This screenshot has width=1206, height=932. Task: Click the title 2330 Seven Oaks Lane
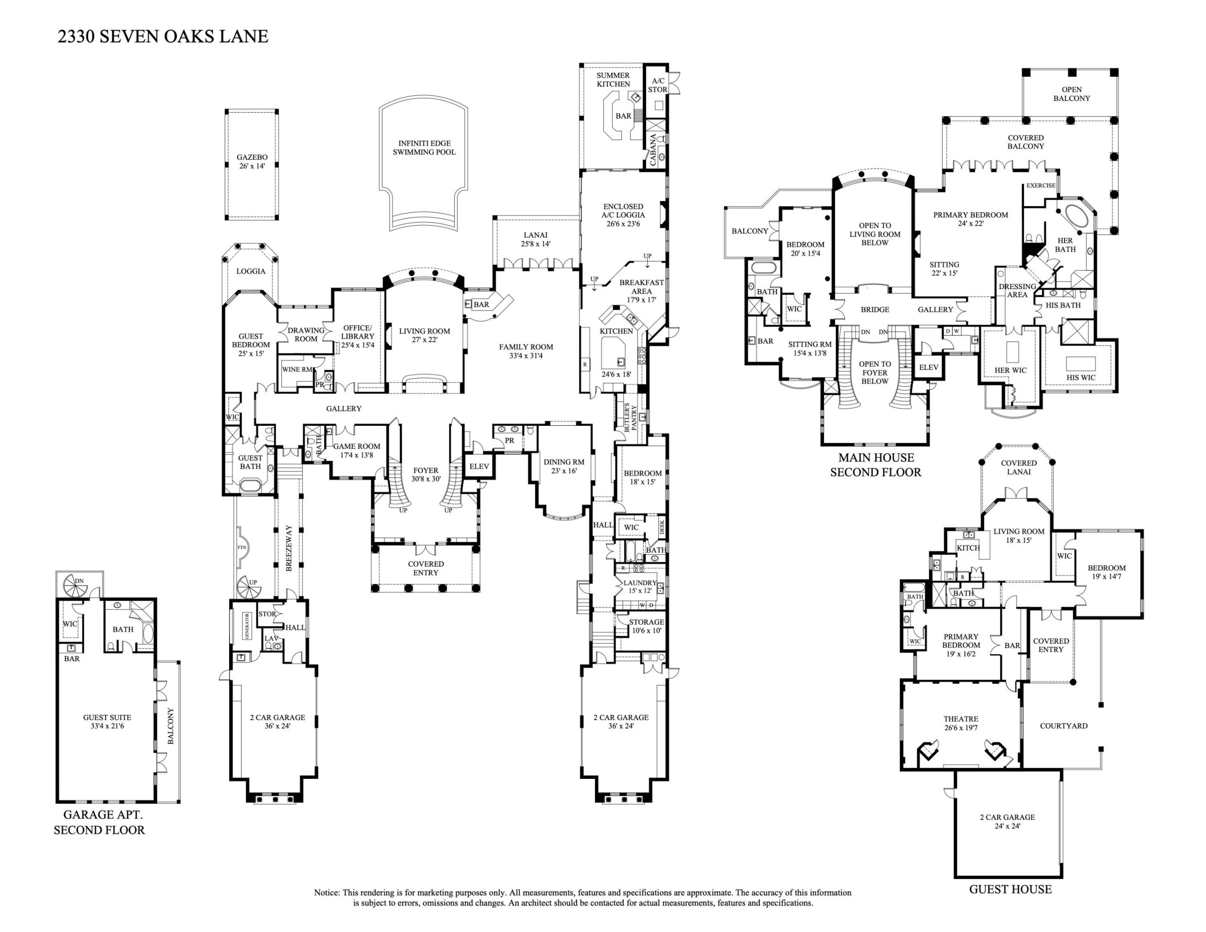tap(163, 36)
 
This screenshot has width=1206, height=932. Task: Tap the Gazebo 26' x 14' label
tap(252, 161)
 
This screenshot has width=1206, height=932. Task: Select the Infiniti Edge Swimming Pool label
tap(424, 148)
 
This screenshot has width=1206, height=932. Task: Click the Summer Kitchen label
tap(613, 79)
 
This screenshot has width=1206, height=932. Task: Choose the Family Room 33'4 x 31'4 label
tap(526, 351)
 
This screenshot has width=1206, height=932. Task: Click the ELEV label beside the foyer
tap(479, 466)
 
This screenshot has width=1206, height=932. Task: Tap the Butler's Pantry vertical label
tap(630, 417)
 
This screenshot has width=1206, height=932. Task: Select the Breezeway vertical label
tap(288, 548)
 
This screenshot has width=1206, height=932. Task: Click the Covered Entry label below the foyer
tap(426, 568)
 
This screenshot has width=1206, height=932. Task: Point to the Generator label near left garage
tap(247, 626)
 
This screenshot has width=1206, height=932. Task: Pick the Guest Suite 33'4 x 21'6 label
tap(107, 721)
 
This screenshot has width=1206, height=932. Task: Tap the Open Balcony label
tap(1071, 94)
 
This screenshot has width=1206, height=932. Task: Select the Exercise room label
tap(1040, 186)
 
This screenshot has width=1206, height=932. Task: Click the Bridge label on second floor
tap(875, 309)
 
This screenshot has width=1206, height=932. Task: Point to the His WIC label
tap(1080, 378)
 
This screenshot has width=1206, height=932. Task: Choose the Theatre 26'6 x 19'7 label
tap(960, 723)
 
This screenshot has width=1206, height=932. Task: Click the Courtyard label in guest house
tap(1064, 725)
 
